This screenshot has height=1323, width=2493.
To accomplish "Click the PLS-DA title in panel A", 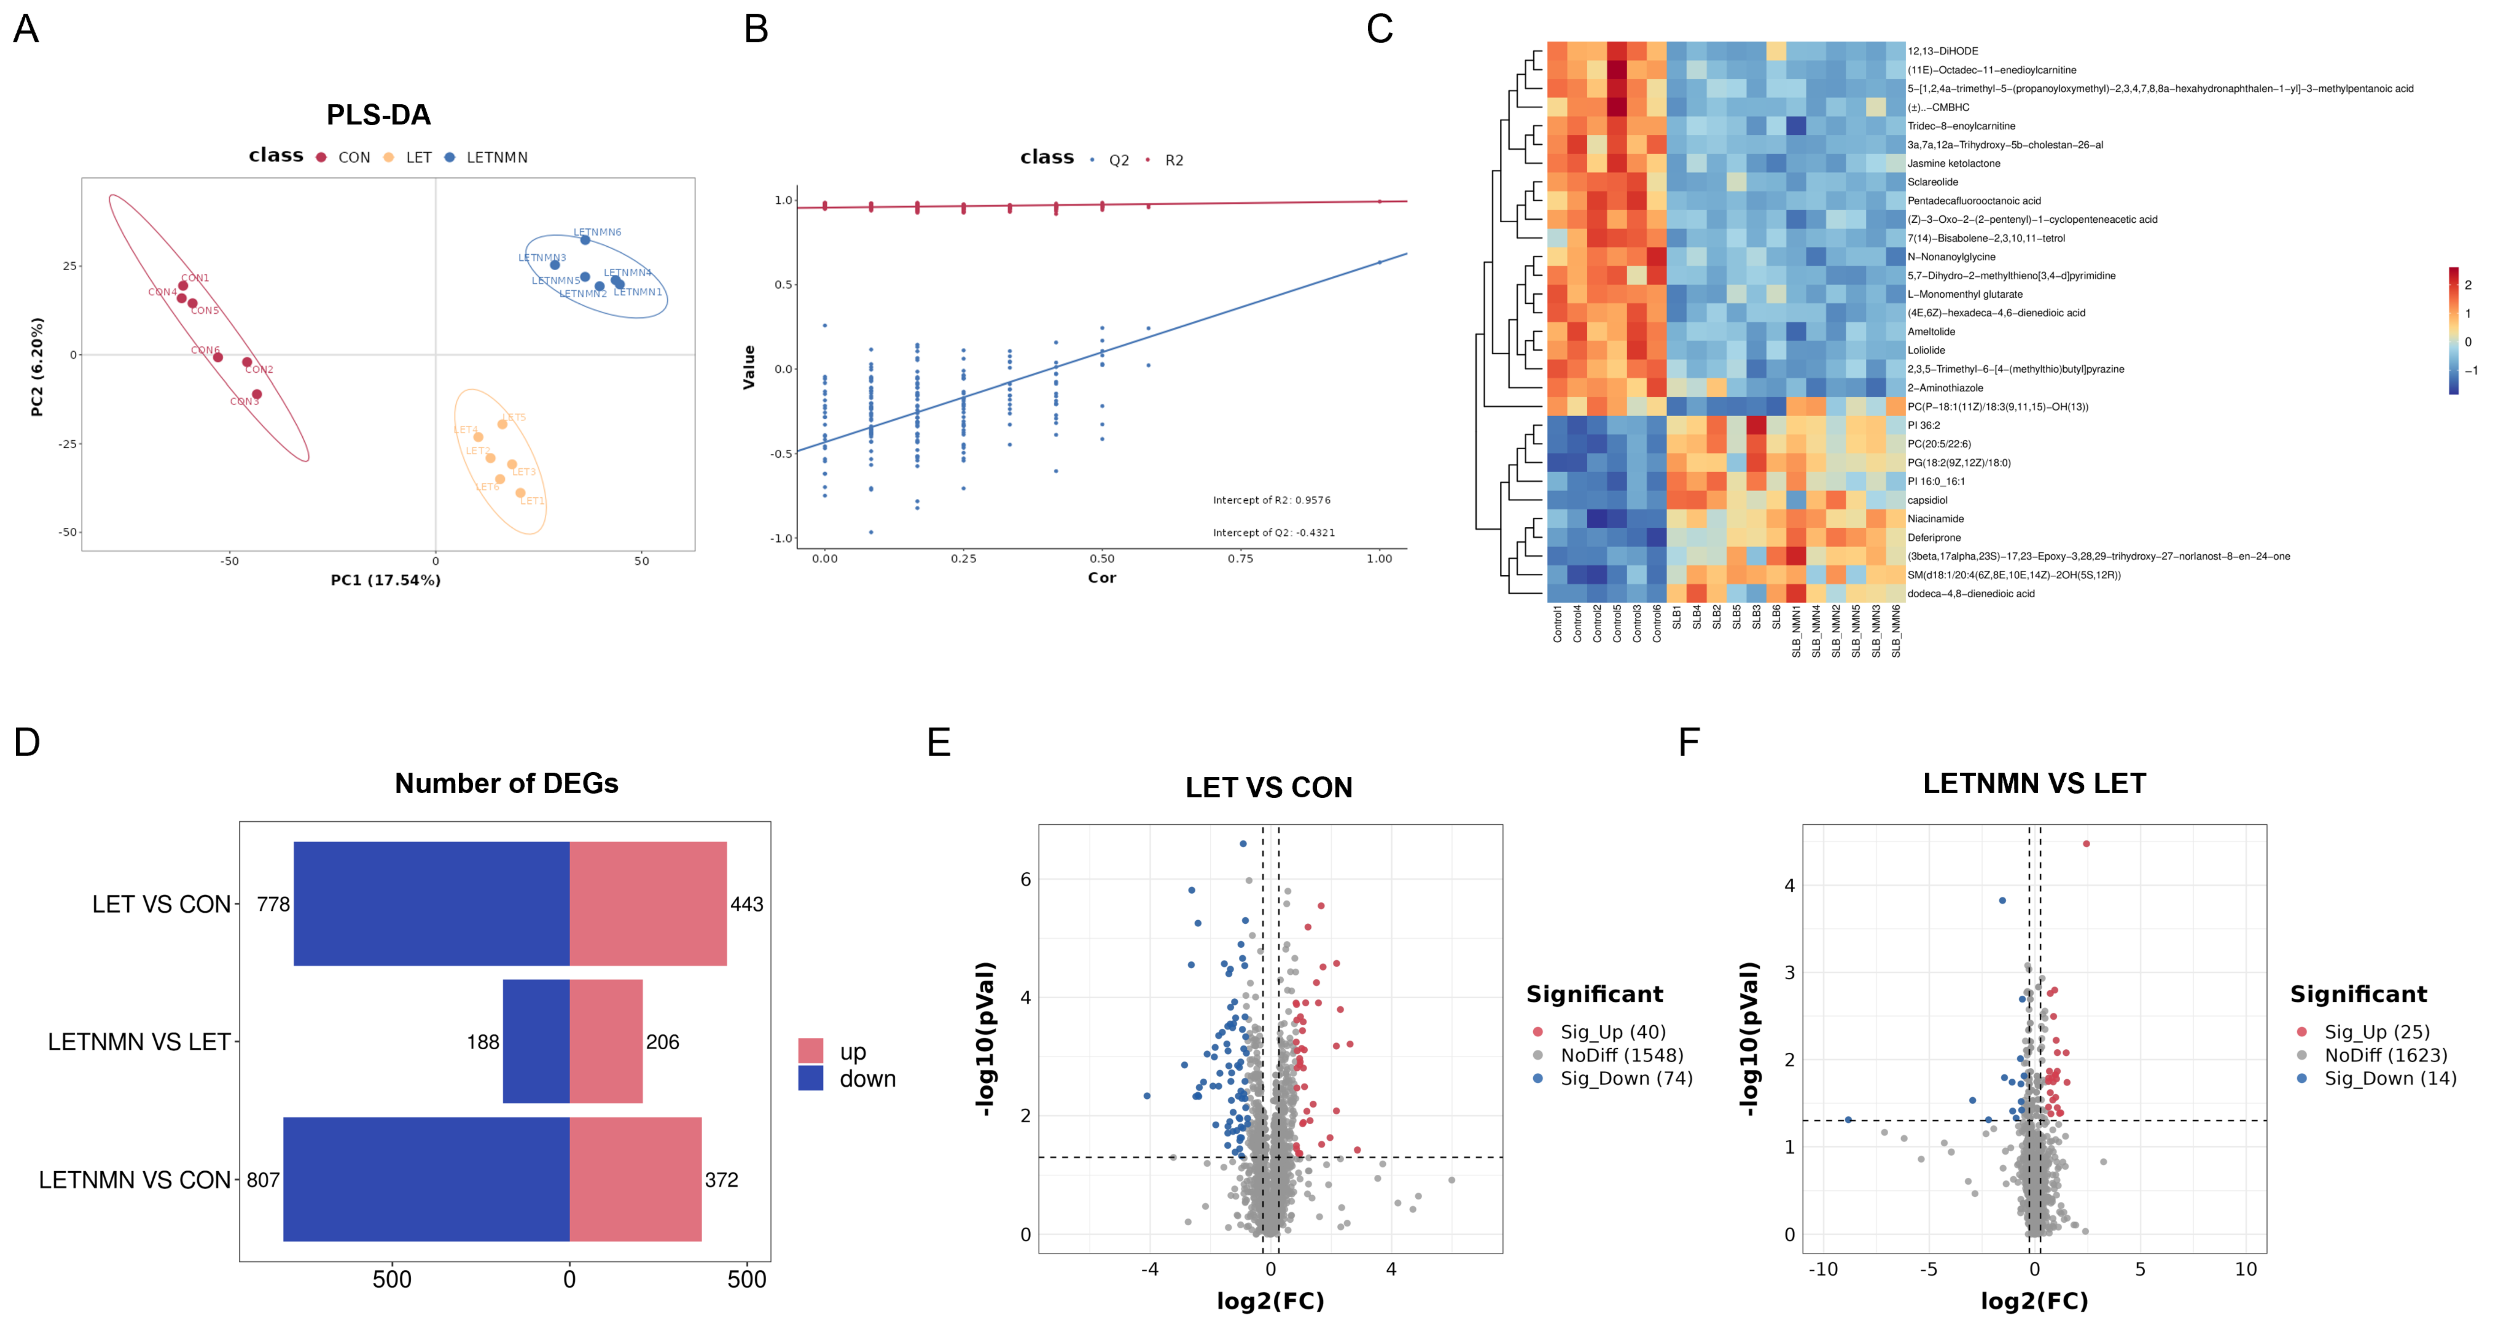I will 378,115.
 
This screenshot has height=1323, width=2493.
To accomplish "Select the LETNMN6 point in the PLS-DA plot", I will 584,239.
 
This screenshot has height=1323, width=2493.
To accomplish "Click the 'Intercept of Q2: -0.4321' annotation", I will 1274,532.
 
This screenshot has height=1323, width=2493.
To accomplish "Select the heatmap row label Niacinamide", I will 1936,519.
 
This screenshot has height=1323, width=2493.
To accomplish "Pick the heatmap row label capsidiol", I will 1927,500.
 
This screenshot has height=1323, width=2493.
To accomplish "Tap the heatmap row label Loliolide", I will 1926,350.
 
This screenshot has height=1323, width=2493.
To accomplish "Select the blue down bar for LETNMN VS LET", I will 536,1041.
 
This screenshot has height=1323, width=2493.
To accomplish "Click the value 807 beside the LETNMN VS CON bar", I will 263,1180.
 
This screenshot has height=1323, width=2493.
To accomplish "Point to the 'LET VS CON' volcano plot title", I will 1269,788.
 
